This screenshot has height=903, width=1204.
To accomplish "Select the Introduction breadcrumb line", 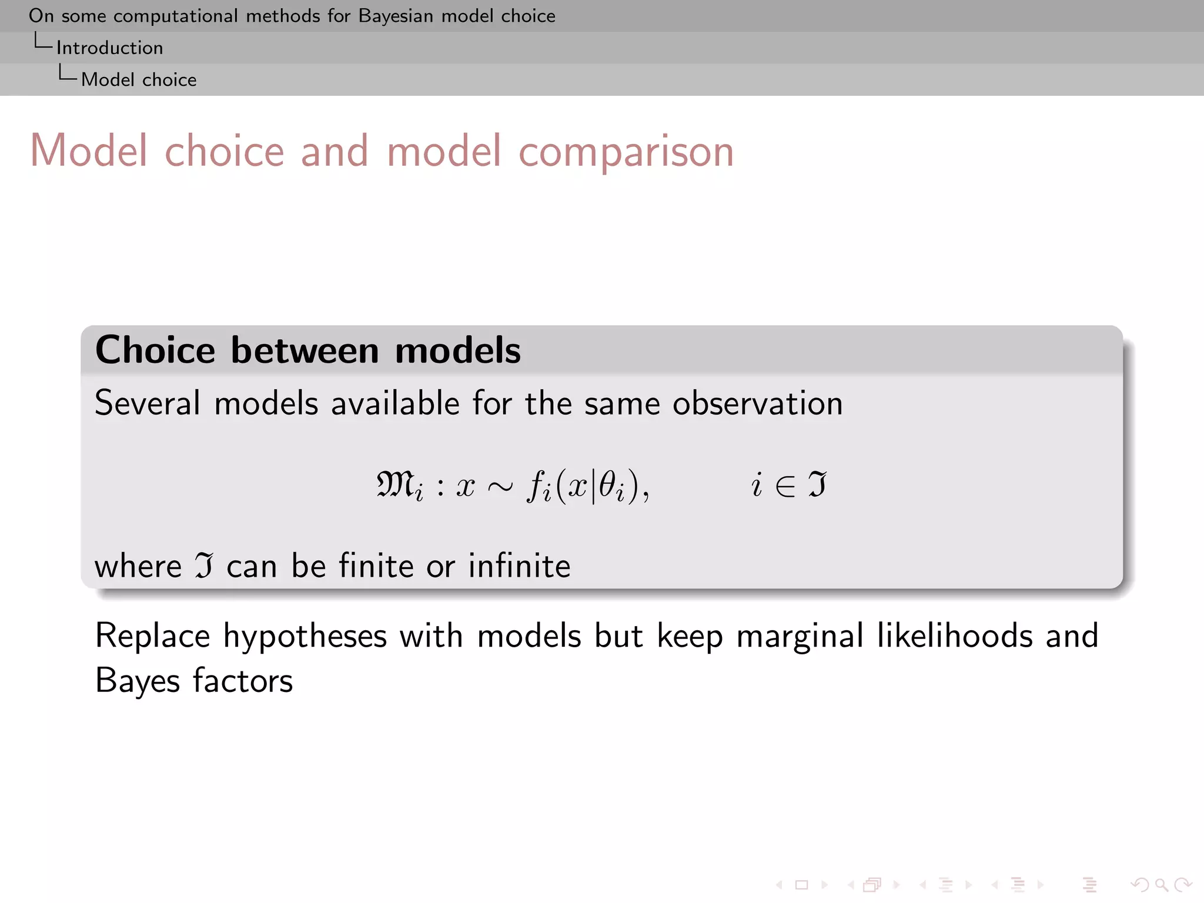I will pyautogui.click(x=109, y=48).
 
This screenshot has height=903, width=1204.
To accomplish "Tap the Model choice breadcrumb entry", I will pyautogui.click(x=139, y=79).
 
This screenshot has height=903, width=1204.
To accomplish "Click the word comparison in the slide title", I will pyautogui.click(x=626, y=152).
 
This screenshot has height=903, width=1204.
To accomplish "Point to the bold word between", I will pyautogui.click(x=305, y=350).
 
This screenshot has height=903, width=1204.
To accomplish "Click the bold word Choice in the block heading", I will pyautogui.click(x=155, y=350).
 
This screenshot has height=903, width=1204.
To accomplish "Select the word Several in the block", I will pyautogui.click(x=148, y=403).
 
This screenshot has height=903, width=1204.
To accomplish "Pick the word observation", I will pyautogui.click(x=757, y=403).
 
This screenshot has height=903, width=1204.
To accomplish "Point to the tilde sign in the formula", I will pyautogui.click(x=500, y=487).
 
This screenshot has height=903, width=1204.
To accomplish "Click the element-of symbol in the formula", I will pyautogui.click(x=785, y=487).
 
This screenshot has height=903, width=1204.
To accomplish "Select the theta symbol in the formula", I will pyautogui.click(x=608, y=484).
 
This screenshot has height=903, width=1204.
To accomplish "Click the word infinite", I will pyautogui.click(x=519, y=566).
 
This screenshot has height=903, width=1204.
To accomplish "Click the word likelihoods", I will pyautogui.click(x=954, y=636).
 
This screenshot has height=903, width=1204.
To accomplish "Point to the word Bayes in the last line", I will pyautogui.click(x=137, y=681).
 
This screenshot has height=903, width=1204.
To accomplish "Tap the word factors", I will pyautogui.click(x=243, y=681).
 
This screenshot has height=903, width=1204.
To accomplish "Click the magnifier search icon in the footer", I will pyautogui.click(x=1161, y=885).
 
